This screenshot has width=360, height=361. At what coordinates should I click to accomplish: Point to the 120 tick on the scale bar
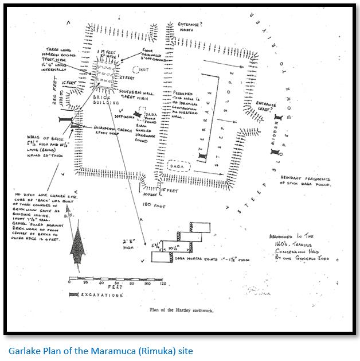(163, 284)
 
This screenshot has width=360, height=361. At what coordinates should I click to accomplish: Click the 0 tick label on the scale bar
(69, 284)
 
